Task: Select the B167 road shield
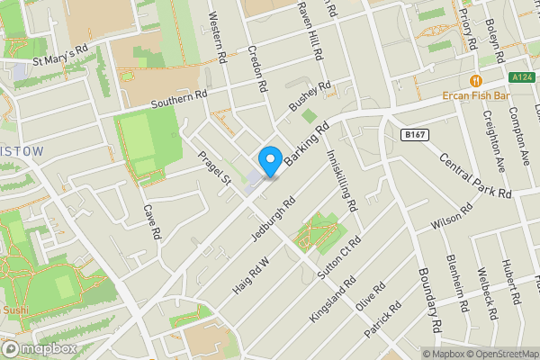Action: [x=414, y=134]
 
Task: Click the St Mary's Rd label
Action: [x=59, y=59]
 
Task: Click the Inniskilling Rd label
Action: [x=342, y=176]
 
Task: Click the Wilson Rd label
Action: [x=452, y=217]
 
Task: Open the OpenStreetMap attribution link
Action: [x=501, y=354]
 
